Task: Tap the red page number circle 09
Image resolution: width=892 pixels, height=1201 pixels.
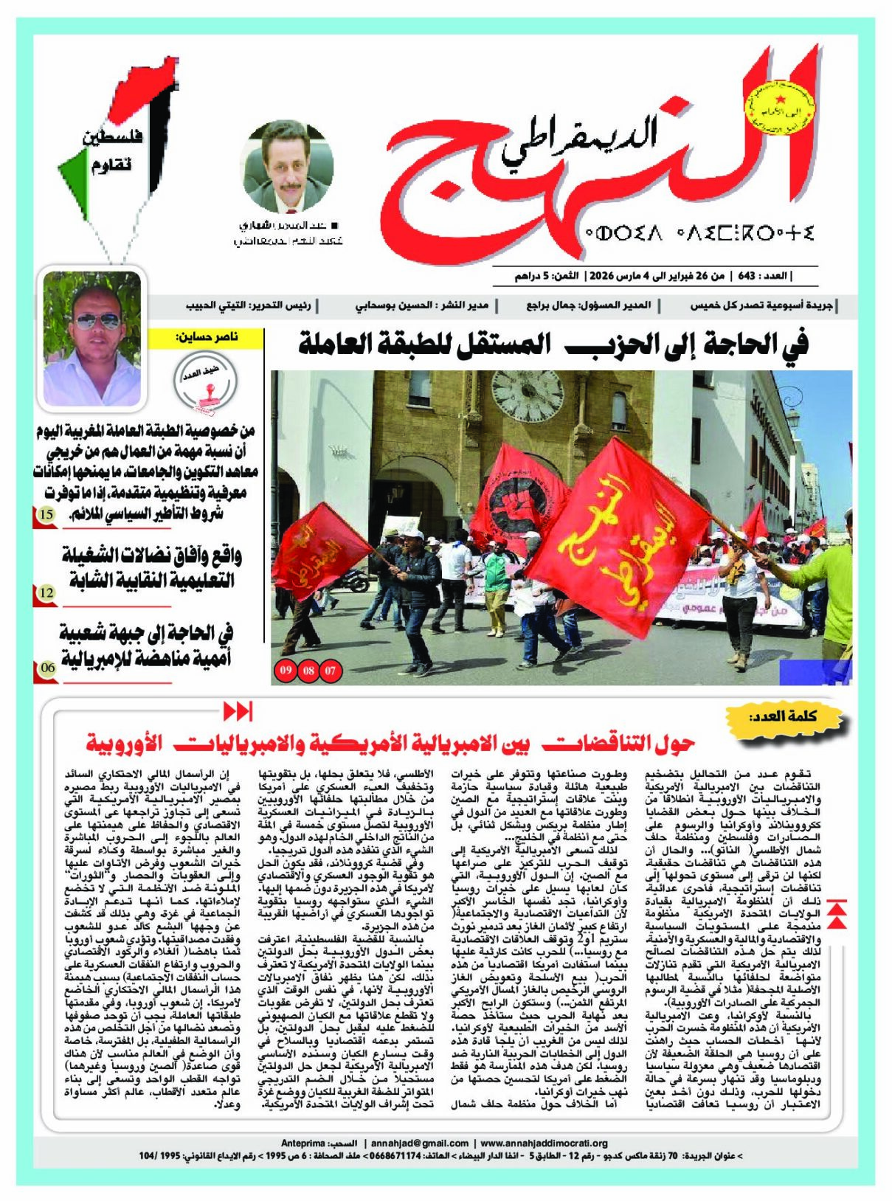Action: pyautogui.click(x=286, y=671)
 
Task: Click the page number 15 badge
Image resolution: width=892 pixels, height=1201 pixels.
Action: pyautogui.click(x=46, y=514)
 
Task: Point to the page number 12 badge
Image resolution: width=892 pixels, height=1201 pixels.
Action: pyautogui.click(x=46, y=592)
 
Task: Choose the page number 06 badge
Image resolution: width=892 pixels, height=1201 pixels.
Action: pyautogui.click(x=47, y=668)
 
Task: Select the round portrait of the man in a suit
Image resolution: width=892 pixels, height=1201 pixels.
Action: pyautogui.click(x=288, y=167)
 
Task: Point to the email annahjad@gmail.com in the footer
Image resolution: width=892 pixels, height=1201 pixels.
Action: pyautogui.click(x=420, y=1143)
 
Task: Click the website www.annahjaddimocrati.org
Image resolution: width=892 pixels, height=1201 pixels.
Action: pyautogui.click(x=544, y=1143)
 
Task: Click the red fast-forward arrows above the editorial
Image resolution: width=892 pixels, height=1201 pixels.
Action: pyautogui.click(x=238, y=711)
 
